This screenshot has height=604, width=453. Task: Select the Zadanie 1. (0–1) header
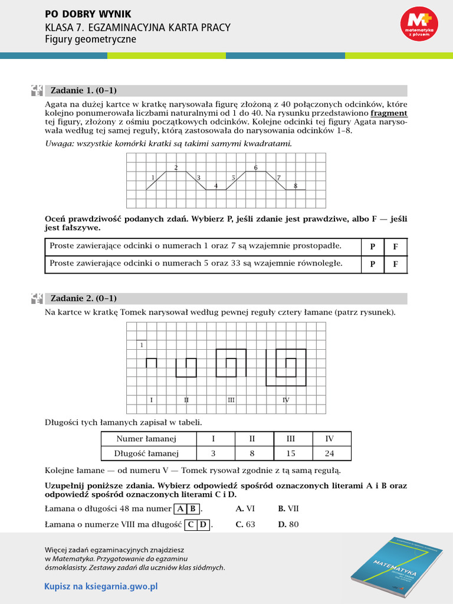84,91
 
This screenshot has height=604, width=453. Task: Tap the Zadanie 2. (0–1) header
84,298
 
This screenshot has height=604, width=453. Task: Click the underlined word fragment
389,113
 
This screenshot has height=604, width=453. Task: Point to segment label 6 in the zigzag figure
255,168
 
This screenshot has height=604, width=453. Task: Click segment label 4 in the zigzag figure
216,186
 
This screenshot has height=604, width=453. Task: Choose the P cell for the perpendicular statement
372,247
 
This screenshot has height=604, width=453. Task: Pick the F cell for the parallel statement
395,264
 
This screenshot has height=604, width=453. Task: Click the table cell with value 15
291,453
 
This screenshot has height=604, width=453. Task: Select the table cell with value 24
330,453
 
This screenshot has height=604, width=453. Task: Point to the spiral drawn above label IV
286,367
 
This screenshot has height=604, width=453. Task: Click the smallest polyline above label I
151,362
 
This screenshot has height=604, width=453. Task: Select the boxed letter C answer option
191,524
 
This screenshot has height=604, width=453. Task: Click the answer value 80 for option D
294,524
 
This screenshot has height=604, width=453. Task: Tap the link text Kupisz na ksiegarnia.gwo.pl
101,586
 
